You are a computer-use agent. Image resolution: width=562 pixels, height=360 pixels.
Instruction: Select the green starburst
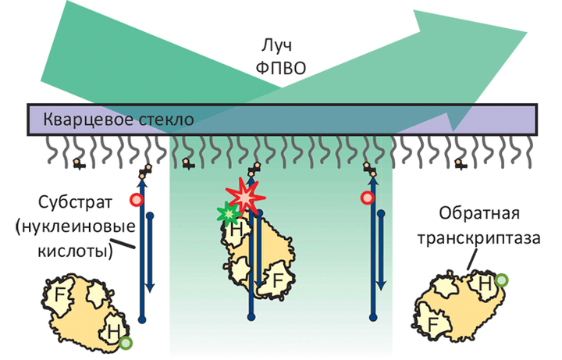(x=229, y=214)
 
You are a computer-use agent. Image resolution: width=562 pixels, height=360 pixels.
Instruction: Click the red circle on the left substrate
(x=137, y=200)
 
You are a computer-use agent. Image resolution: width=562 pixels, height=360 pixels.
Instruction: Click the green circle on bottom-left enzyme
(x=126, y=341)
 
